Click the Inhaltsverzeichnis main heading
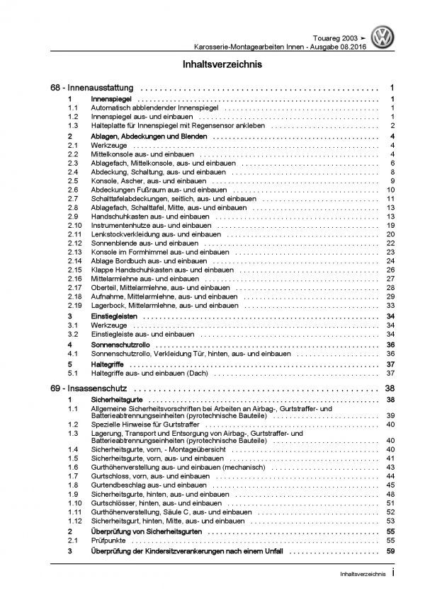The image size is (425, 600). point(212,65)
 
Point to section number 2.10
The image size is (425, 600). point(74,225)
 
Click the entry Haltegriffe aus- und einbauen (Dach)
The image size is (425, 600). point(147,373)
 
